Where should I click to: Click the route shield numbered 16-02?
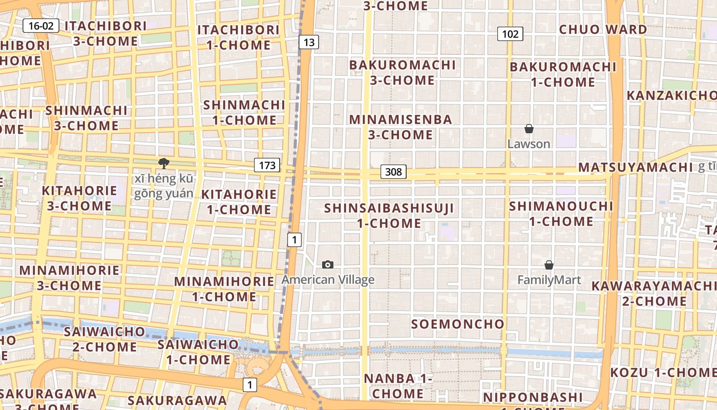coord(41,26)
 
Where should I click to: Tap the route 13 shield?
coord(309,42)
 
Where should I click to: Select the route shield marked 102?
coord(510,34)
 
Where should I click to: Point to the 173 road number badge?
coord(267,165)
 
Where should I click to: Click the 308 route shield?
coord(393,172)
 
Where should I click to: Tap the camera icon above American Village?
coord(328,264)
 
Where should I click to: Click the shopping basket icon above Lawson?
coord(529,129)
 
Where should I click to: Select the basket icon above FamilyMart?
coord(549,265)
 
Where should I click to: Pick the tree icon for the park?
coord(164,163)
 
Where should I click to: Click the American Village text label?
coord(328,280)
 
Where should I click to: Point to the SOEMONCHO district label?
coord(458,324)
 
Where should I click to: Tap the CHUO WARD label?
coord(603,30)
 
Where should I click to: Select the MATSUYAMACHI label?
coord(635,168)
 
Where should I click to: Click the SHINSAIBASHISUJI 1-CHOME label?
coord(389,216)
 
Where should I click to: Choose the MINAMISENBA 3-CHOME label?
coord(401,127)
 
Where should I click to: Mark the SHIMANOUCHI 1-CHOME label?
coord(561,214)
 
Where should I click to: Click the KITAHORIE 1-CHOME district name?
coord(239,202)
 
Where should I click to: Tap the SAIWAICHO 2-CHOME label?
coord(104,339)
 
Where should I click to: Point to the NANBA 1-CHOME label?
coord(398,386)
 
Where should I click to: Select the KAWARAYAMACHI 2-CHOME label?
coord(653,293)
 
